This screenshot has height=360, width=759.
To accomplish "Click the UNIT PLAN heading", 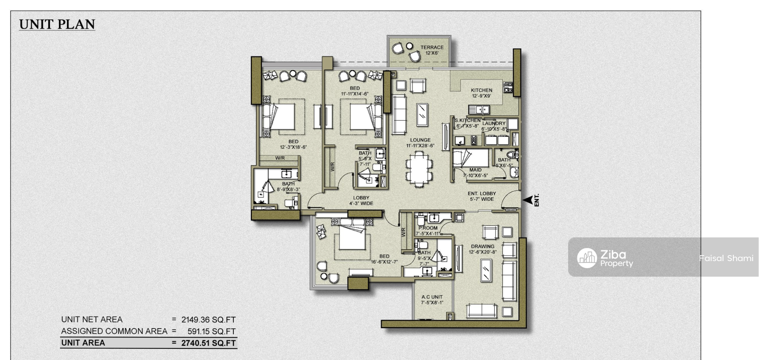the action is pyautogui.click(x=57, y=24).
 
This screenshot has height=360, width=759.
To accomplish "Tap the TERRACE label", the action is pyautogui.click(x=432, y=47).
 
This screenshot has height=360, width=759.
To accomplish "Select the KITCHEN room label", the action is pyautogui.click(x=481, y=90).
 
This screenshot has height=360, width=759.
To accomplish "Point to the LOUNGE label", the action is pyautogui.click(x=420, y=140).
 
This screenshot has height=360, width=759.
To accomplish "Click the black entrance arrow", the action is pyautogui.click(x=527, y=200).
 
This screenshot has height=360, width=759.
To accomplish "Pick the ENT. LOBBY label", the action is pyautogui.click(x=482, y=193).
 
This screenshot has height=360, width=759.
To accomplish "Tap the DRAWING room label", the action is pyautogui.click(x=483, y=246).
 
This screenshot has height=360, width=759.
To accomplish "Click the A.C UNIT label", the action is pyautogui.click(x=432, y=297).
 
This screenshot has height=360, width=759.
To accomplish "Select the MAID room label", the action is pyautogui.click(x=475, y=170).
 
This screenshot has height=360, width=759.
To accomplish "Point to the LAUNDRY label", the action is pyautogui.click(x=494, y=123).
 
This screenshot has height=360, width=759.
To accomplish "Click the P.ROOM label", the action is pyautogui.click(x=428, y=228).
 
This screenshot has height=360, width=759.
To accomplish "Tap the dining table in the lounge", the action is pyautogui.click(x=419, y=169).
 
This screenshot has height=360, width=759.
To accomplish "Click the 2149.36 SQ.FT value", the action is pyautogui.click(x=208, y=320).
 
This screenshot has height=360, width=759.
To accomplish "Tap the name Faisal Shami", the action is pyautogui.click(x=726, y=258).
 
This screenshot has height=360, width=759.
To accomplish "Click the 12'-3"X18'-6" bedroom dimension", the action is pyautogui.click(x=293, y=147).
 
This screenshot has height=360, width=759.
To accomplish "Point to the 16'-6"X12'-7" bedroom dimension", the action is pyautogui.click(x=384, y=262).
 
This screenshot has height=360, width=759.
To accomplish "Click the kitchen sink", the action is pyautogui.click(x=479, y=110).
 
